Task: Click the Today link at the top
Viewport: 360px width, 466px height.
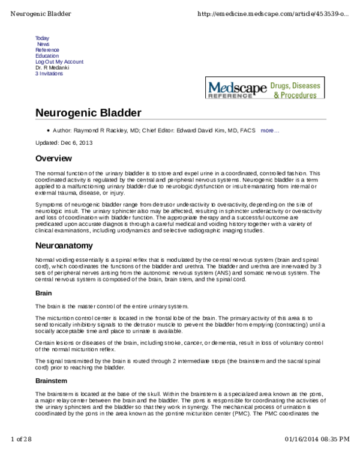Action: [x=42, y=38]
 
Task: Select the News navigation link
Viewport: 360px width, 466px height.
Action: [x=43, y=44]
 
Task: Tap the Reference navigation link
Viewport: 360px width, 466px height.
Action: [x=47, y=50]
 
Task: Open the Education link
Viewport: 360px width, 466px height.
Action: [x=47, y=56]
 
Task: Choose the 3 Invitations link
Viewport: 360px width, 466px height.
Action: [x=49, y=74]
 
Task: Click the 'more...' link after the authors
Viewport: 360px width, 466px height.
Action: [x=269, y=130]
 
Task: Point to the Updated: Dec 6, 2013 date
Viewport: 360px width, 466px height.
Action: [x=64, y=143]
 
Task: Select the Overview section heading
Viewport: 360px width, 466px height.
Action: [x=53, y=159]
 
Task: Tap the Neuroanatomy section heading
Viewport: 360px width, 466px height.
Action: [x=65, y=246]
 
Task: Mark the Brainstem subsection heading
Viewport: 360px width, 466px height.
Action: [x=52, y=381]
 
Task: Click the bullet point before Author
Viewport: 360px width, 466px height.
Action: [x=47, y=130]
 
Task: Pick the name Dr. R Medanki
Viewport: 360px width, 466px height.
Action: [x=53, y=68]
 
